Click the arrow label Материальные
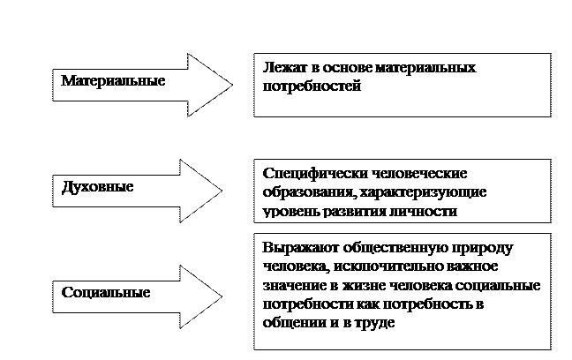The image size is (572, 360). coord(113,80)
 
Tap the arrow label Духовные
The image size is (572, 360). coord(98,187)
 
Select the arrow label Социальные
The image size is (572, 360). coord(106,292)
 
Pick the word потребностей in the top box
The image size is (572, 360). coord(312,87)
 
